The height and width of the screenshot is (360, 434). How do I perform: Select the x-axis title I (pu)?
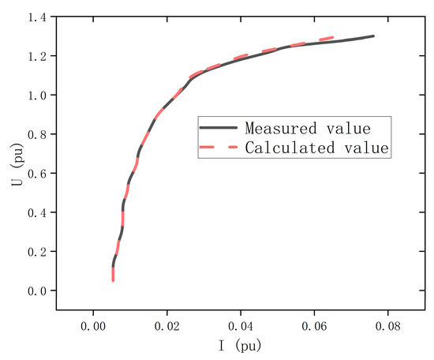(x=240, y=346)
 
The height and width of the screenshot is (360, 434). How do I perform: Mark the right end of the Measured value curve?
(x=373, y=36)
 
